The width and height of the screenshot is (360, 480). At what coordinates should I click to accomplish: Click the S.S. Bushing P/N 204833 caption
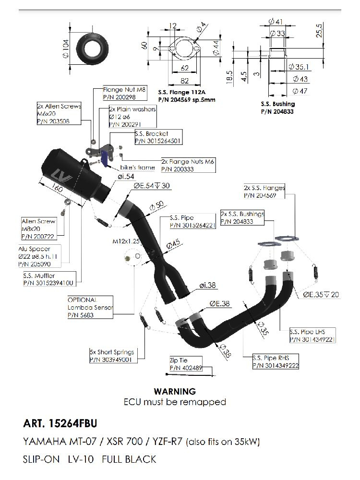(x=278, y=108)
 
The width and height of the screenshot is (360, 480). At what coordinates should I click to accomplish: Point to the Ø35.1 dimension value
(x=301, y=67)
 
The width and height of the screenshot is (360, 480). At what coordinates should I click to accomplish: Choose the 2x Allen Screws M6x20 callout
(x=59, y=113)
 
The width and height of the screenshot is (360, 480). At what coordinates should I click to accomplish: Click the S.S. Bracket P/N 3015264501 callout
(x=157, y=138)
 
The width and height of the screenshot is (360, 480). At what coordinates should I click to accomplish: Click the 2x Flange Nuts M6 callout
(x=187, y=166)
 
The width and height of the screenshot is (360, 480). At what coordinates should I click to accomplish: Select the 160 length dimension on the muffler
(x=57, y=189)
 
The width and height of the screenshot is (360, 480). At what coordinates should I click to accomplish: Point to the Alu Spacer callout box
(x=41, y=257)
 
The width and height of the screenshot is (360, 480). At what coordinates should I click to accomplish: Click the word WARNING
(x=174, y=392)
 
